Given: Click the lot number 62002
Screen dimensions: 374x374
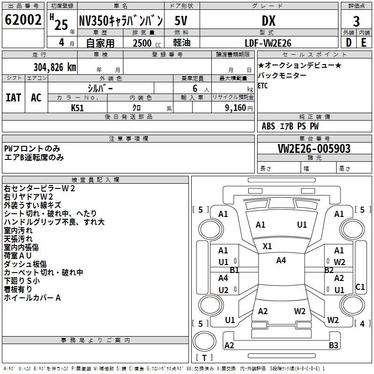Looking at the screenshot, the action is coord(22,21).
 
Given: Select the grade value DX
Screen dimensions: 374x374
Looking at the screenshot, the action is coord(268,21).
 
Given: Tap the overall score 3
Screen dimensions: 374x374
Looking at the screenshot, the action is coord(356,21).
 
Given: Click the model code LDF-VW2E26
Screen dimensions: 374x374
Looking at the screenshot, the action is coord(268,43).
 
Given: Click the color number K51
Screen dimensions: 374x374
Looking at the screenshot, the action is coord(78,107).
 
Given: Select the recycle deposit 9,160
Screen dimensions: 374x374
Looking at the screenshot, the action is coord(235,108).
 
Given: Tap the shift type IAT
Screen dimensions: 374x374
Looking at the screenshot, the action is coord(13,98).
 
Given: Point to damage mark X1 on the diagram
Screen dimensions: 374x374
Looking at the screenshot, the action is coord(267,246).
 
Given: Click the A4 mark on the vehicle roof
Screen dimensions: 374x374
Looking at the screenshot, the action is coord(280,260).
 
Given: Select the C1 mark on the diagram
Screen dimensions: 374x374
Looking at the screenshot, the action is coord(360,287).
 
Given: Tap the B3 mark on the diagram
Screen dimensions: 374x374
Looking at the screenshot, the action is coord(333,345).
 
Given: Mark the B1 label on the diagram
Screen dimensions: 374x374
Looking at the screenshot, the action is coord(234,270).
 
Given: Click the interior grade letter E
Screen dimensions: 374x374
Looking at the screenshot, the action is coord(363,43).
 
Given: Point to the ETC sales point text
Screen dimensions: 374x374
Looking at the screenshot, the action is coord(263,86).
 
